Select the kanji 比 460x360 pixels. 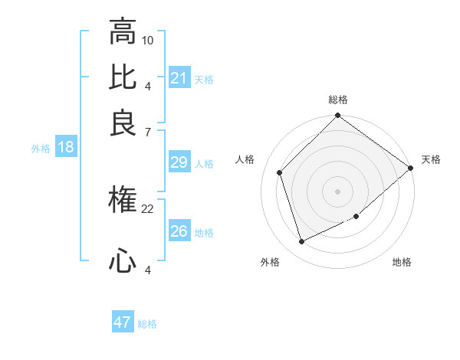(123, 78)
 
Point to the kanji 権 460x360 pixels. (123, 201)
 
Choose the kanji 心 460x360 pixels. (123, 262)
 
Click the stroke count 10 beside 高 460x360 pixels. (148, 39)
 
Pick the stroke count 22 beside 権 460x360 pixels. (148, 208)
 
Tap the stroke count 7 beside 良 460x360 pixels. (148, 132)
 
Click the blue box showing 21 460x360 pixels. (179, 78)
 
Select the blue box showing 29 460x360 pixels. (179, 162)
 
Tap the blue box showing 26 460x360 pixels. (179, 231)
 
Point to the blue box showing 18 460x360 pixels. (66, 148)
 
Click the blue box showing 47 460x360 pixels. (123, 322)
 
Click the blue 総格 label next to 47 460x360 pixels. (147, 324)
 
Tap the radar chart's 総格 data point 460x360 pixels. (337, 116)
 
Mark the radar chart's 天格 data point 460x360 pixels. (410, 168)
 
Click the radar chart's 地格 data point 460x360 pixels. (356, 217)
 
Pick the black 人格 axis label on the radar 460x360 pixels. (245, 159)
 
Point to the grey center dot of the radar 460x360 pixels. (337, 191)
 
